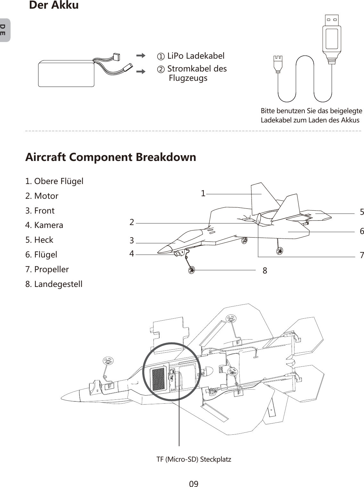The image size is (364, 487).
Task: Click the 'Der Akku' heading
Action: tap(54, 5)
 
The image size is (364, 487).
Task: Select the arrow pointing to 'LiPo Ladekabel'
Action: tap(141, 56)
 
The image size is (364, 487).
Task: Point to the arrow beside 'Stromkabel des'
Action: tap(141, 71)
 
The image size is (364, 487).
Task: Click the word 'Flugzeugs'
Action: tap(188, 78)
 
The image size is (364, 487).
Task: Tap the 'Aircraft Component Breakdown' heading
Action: tap(111, 157)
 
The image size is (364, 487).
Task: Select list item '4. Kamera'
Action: tap(44, 225)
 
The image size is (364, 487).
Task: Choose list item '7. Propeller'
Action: tap(47, 269)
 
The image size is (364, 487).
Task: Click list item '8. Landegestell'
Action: tap(54, 284)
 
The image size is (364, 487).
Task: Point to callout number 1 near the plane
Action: tap(203, 193)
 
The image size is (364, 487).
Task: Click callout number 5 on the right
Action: tap(362, 212)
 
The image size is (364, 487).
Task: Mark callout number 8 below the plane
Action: tap(265, 271)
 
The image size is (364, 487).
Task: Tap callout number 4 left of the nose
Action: tap(132, 254)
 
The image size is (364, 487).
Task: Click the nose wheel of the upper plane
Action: tap(191, 270)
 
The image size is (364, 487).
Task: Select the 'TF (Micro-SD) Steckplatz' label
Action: tap(194, 459)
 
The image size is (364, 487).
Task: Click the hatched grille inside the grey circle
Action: tap(158, 379)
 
